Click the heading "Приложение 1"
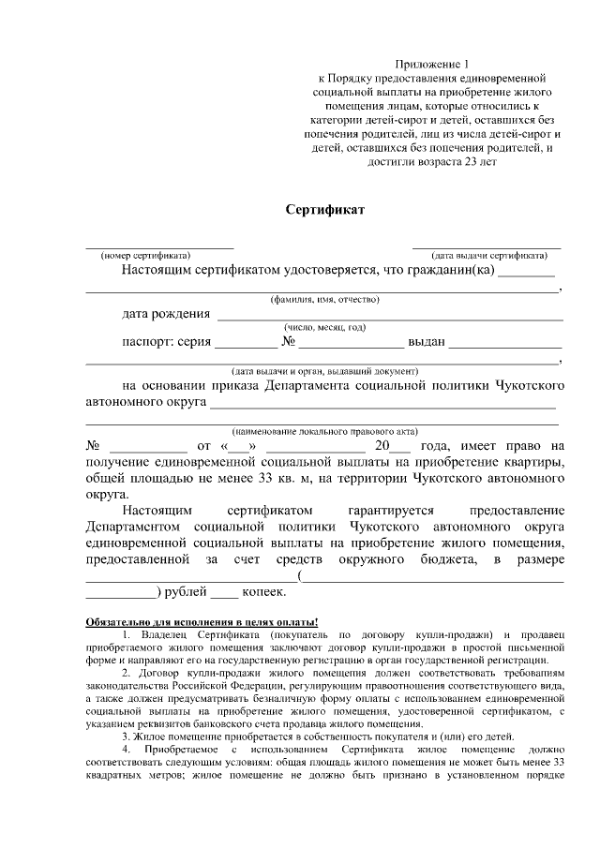[x=427, y=63]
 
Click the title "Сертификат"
[x=325, y=209]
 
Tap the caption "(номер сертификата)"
[x=145, y=255]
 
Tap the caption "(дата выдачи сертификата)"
[x=488, y=255]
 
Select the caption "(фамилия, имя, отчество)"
[x=324, y=300]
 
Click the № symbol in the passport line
[x=289, y=342]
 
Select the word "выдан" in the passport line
[x=427, y=342]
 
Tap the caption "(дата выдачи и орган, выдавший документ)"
[x=324, y=370]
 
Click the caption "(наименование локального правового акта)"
[x=324, y=431]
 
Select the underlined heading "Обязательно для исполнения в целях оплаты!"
[x=202, y=622]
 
